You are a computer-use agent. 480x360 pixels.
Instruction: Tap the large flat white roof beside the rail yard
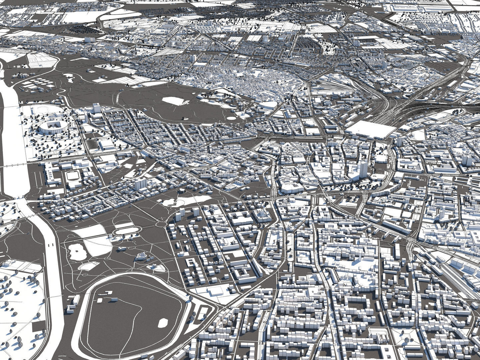(370, 129)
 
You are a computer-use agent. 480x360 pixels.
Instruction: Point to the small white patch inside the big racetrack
(163, 323)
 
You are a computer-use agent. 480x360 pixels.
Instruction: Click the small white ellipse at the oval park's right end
(231, 118)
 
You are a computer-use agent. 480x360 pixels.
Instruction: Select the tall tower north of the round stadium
(96, 108)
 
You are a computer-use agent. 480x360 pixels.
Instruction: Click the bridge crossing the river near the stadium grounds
(13, 165)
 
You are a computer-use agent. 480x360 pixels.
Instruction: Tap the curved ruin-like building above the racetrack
(142, 256)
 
